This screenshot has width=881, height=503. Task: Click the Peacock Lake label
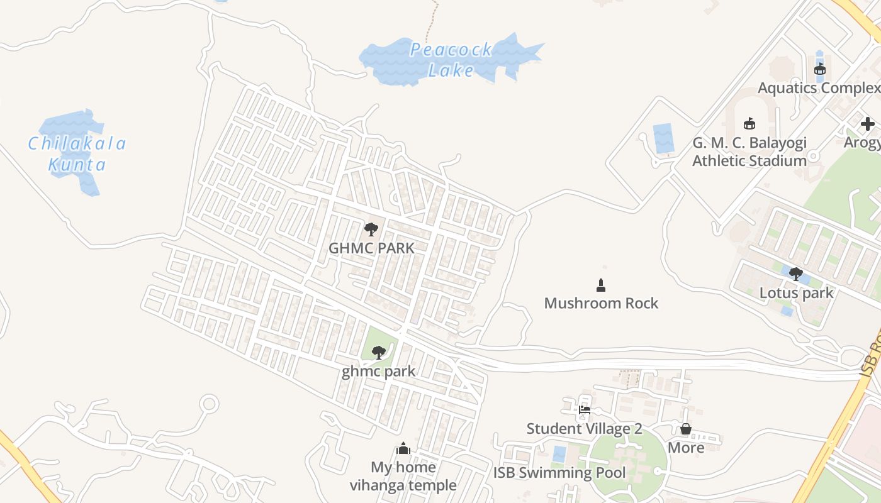[451, 60]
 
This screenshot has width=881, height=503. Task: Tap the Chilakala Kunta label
[77, 154]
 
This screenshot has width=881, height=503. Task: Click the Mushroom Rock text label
[601, 303]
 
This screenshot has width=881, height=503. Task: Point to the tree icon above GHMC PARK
[371, 229]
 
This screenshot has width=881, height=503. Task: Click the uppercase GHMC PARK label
[371, 248]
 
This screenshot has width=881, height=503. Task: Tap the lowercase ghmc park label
[378, 371]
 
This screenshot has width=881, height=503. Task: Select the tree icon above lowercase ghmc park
[378, 352]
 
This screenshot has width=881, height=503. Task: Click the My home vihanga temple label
[403, 476]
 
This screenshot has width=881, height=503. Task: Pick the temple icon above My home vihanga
[403, 448]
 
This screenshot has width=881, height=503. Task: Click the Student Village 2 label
[584, 429]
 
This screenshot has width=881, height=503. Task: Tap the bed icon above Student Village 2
[585, 410]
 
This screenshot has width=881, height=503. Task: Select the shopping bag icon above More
[686, 429]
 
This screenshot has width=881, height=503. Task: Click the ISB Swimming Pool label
[559, 473]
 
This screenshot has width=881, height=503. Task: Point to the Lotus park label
[796, 293]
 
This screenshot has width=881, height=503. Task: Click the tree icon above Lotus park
[796, 274]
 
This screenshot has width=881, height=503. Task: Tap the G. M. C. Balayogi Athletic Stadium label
[749, 152]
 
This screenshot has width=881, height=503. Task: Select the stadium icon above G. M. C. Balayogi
[749, 123]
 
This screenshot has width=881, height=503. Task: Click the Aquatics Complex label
[819, 88]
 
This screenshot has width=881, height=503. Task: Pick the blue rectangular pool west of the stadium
[663, 138]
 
